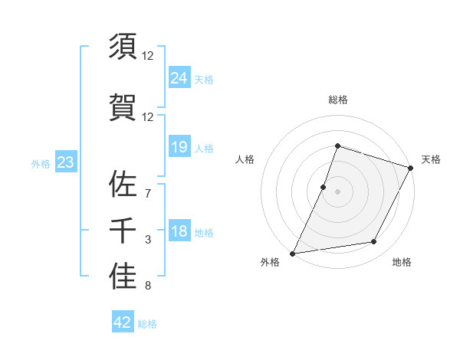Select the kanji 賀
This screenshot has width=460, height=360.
123,106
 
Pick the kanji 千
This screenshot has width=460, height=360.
123,229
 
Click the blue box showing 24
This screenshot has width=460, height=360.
179,77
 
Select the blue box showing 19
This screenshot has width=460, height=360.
179,146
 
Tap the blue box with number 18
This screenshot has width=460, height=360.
179,231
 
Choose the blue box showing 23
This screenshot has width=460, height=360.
65,162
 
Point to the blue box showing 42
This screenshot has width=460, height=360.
122,322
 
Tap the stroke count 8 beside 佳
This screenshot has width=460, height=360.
148,286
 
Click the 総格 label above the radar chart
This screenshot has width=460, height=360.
337,100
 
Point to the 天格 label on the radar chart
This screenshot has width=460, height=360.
432,159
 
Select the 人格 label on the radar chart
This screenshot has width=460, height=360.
245,159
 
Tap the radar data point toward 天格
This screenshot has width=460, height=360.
411,168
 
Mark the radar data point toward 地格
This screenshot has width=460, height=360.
374,242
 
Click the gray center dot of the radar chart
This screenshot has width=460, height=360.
337,191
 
